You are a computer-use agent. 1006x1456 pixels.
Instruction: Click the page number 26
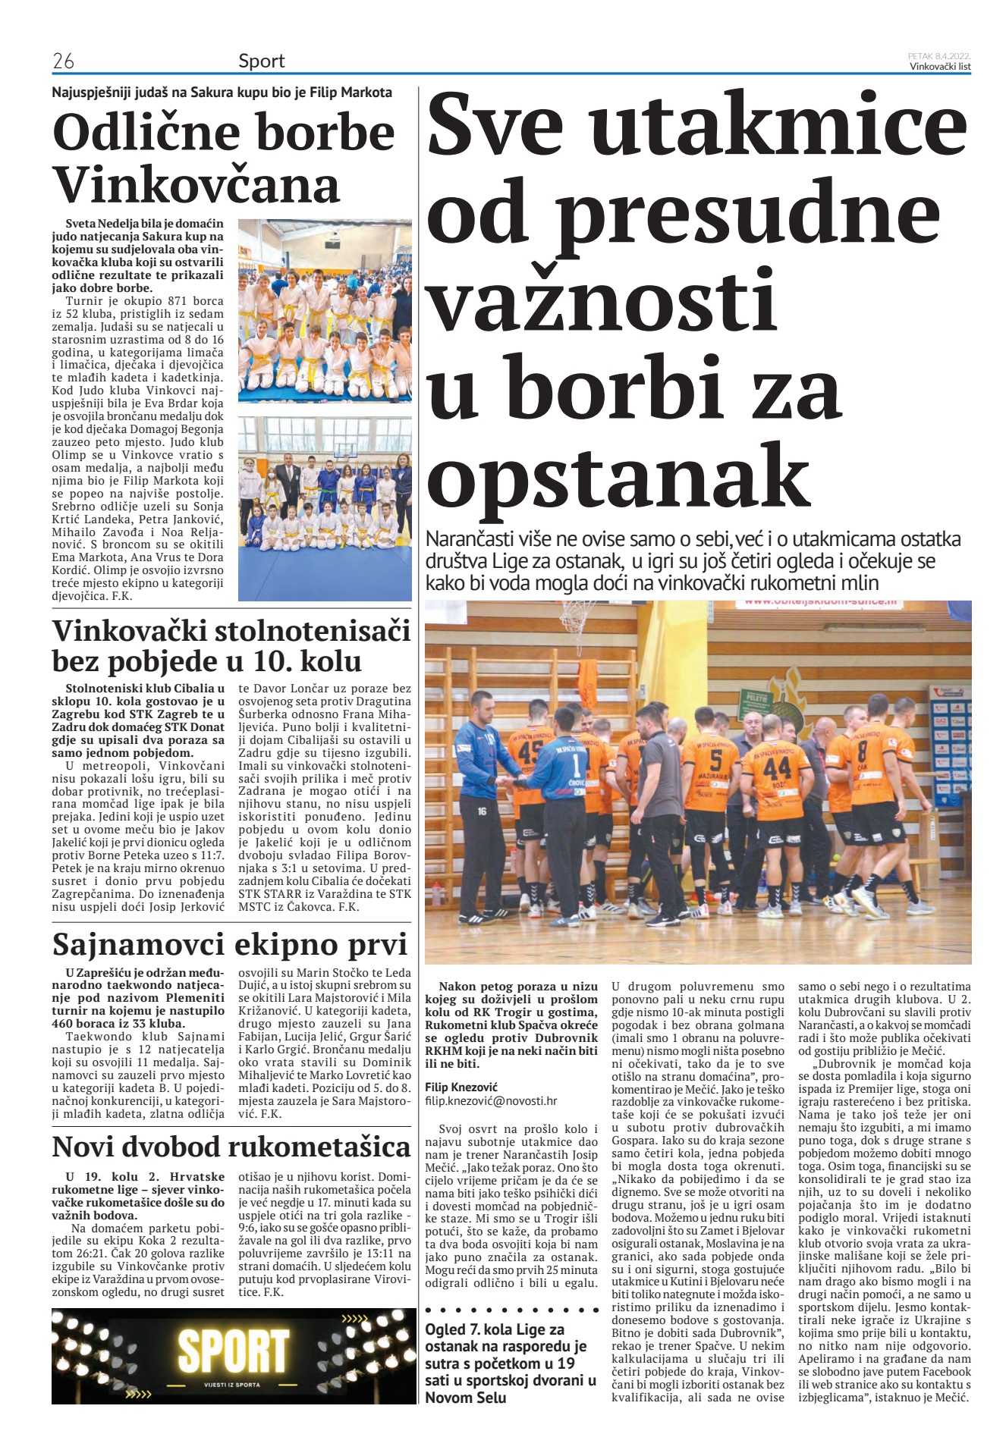pyautogui.click(x=63, y=61)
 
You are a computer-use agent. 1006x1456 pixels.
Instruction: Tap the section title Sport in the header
pyautogui.click(x=261, y=61)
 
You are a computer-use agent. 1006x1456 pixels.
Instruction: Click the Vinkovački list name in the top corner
pyautogui.click(x=940, y=66)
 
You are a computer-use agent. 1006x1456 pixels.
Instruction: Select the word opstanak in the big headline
pyautogui.click(x=618, y=476)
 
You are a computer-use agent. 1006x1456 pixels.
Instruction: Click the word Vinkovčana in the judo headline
pyautogui.click(x=196, y=184)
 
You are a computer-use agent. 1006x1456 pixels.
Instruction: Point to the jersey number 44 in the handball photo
pyautogui.click(x=777, y=769)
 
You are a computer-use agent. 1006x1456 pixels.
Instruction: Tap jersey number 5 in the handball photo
pyautogui.click(x=715, y=759)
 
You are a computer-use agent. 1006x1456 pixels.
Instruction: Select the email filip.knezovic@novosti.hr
pyautogui.click(x=491, y=1101)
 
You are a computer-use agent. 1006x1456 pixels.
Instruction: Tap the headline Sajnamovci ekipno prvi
pyautogui.click(x=230, y=944)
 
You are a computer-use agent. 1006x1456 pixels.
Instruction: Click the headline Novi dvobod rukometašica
pyautogui.click(x=231, y=1147)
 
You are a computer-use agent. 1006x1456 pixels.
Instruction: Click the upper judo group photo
pyautogui.click(x=325, y=311)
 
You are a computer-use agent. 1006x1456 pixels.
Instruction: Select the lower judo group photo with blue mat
pyautogui.click(x=325, y=508)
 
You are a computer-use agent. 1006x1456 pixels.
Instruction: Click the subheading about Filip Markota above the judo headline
pyautogui.click(x=222, y=93)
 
